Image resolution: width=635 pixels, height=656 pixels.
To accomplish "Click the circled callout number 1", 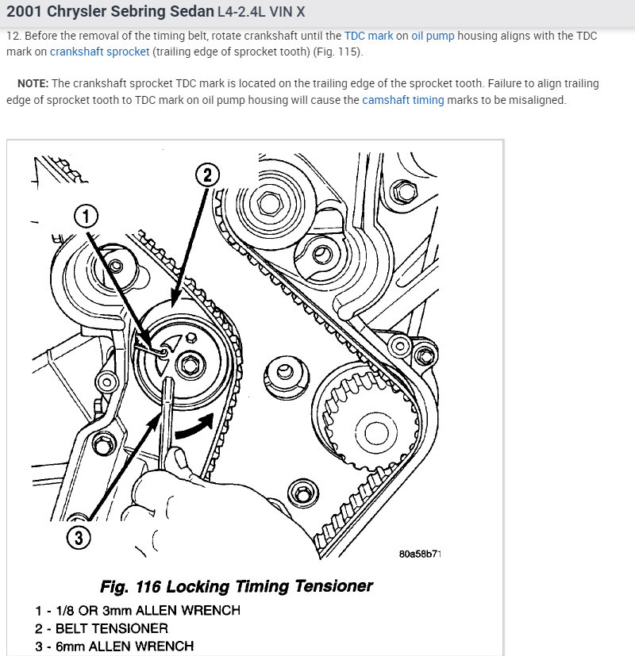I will coord(87,214).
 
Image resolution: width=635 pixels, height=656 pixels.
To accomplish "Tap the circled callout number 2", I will coord(207,175).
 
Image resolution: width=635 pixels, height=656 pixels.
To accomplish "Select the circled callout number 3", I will coord(78,538).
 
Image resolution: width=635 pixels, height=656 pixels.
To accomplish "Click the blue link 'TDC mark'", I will coord(368,36).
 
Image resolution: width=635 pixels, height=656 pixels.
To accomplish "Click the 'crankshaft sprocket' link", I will coord(99,52).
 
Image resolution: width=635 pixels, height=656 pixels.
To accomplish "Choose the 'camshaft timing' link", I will coord(403,100).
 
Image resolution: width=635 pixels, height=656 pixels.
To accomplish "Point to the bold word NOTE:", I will coord(33,84).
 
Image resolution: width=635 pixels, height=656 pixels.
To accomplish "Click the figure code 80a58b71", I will coord(420,553).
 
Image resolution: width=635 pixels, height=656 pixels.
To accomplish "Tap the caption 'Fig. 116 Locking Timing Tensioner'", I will coord(236,586).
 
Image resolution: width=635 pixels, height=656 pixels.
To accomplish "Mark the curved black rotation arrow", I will coord(196,426).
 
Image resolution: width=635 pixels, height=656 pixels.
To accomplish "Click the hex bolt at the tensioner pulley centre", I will coord(189,364).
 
